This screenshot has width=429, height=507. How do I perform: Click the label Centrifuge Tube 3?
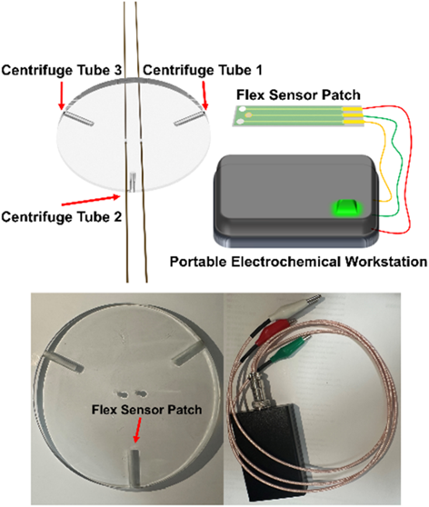(x=62, y=70)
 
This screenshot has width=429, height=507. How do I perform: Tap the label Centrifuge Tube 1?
(x=203, y=70)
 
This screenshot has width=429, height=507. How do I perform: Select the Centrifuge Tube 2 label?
(x=62, y=216)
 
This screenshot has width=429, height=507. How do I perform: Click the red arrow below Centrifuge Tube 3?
(x=62, y=95)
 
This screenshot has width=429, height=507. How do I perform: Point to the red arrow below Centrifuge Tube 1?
(x=205, y=95)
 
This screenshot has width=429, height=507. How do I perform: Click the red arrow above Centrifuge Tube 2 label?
(x=91, y=200)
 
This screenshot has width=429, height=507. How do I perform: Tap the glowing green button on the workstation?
(x=346, y=207)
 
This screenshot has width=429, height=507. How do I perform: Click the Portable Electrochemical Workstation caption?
(x=299, y=262)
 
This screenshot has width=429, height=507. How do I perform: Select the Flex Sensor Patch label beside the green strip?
(x=298, y=95)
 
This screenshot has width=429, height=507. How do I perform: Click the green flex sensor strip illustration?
(x=297, y=116)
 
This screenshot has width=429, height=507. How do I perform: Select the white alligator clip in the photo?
(x=293, y=306)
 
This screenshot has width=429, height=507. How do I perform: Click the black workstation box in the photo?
(x=271, y=452)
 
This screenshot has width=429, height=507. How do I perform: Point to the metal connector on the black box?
(x=259, y=393)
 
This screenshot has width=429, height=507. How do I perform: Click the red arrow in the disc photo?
(x=137, y=430)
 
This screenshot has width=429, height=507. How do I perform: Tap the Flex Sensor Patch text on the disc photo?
(x=147, y=410)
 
